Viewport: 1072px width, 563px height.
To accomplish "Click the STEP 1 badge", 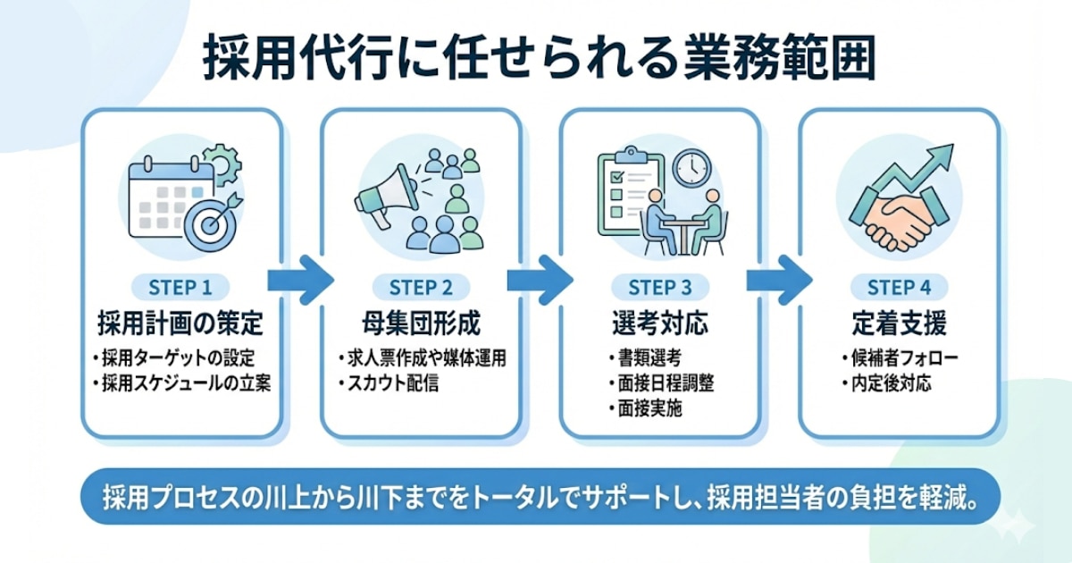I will (x=182, y=288).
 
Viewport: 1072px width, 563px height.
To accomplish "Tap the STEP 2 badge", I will (x=421, y=288).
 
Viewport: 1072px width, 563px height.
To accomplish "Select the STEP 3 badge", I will (x=660, y=288).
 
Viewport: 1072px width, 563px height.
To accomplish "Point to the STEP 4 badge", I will (x=899, y=288).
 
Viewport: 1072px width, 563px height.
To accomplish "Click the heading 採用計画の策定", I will (x=182, y=323).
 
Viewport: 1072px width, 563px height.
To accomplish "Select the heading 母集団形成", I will (x=421, y=323).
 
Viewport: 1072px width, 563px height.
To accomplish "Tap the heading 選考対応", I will (x=660, y=323).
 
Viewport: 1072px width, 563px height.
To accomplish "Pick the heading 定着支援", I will (x=899, y=323).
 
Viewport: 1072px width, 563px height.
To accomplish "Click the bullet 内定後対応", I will (x=886, y=384).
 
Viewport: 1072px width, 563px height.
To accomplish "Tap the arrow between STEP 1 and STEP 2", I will (x=301, y=280).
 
